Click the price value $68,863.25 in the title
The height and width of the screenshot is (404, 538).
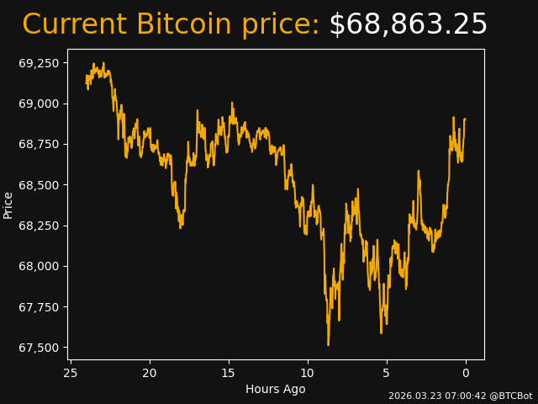(x=408, y=25)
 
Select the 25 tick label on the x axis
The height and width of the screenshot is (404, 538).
(x=71, y=373)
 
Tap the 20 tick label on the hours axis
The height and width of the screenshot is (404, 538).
(x=150, y=373)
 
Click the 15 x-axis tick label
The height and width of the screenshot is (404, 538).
(x=229, y=373)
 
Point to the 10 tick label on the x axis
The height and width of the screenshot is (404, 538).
(x=308, y=373)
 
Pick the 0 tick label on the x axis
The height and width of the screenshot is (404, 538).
(x=466, y=373)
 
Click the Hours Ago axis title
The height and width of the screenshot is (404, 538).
(x=276, y=389)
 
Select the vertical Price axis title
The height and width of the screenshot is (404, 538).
(x=8, y=205)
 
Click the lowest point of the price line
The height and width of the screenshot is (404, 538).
(x=328, y=344)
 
